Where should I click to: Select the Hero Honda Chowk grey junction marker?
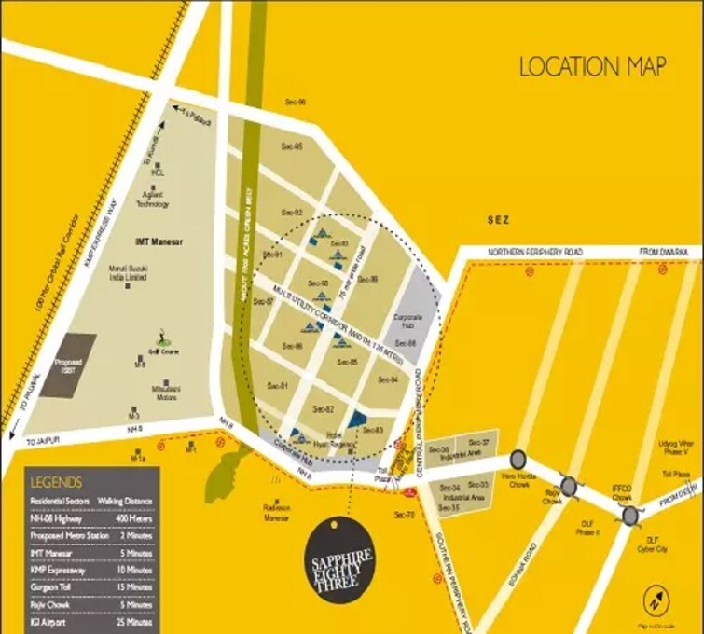click(x=517, y=460)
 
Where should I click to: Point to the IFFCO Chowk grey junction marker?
click(x=631, y=516)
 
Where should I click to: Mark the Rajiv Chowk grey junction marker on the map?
click(x=569, y=486)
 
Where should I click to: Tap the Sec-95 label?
click(x=291, y=147)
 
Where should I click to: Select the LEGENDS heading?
click(x=56, y=483)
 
